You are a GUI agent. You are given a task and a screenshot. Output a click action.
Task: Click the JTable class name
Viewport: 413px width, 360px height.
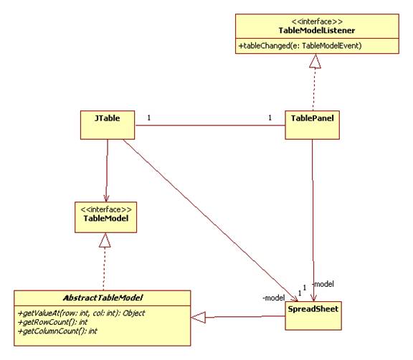point(108,118)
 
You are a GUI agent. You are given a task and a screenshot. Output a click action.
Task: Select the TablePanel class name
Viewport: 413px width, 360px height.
point(312,118)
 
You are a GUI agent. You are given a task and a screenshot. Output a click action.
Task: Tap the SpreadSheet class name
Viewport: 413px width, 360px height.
point(313,309)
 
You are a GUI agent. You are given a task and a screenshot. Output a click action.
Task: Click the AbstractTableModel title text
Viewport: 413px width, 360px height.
point(103,298)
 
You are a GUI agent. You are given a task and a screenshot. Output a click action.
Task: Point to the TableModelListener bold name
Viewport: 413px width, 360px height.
point(317,31)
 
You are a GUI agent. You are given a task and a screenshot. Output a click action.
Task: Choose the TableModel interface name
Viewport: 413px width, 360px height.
point(106,218)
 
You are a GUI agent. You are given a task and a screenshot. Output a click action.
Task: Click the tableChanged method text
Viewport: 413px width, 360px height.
point(300,46)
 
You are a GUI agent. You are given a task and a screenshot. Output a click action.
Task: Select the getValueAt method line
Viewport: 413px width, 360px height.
point(81,313)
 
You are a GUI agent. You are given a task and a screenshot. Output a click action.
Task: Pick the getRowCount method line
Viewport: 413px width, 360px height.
point(52,322)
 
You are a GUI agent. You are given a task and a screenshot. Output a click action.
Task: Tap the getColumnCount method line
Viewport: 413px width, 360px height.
point(57,331)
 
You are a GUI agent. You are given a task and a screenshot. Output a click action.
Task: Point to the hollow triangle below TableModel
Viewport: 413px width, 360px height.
point(105,240)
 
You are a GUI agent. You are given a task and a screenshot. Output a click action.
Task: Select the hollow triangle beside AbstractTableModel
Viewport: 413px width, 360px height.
point(198,318)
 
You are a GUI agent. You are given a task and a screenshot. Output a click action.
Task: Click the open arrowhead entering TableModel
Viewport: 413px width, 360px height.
point(106,198)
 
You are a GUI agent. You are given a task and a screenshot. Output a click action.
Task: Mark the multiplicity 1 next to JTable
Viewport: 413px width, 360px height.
point(149,118)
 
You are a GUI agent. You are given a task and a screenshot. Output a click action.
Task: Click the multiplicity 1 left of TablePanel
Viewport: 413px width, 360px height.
point(270,118)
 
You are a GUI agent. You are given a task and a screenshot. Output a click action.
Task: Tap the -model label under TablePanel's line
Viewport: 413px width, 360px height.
point(323,284)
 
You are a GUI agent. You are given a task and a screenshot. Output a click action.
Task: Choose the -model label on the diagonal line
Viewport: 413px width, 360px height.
point(273,298)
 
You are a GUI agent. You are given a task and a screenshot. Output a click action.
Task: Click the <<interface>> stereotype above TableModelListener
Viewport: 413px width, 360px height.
point(317,22)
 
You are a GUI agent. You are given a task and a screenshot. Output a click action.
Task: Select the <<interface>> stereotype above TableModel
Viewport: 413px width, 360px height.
point(106,209)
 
